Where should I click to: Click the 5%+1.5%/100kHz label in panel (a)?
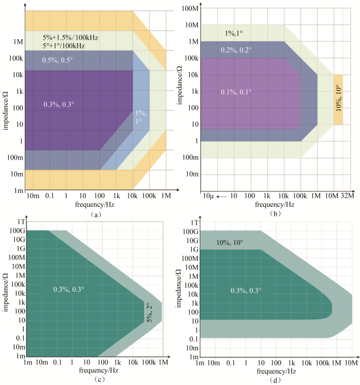(x=71, y=38)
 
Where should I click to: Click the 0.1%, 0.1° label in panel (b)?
(x=236, y=92)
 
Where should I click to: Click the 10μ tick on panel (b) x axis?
(x=208, y=197)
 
